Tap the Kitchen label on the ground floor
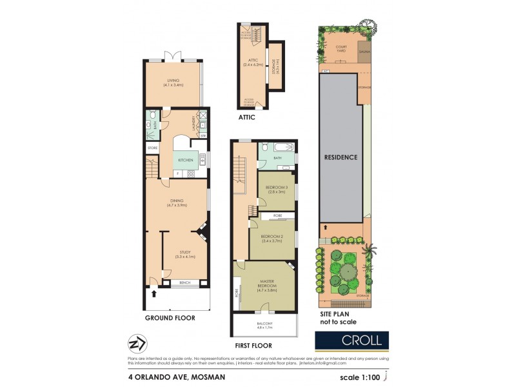pos(185,160)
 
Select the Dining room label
pos(177,203)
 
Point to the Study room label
pos(184,254)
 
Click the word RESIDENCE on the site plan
pos(341,157)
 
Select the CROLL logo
pos(352,340)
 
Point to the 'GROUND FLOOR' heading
pos(170,318)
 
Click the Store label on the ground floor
pos(153,148)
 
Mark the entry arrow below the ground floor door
pos(154,294)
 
